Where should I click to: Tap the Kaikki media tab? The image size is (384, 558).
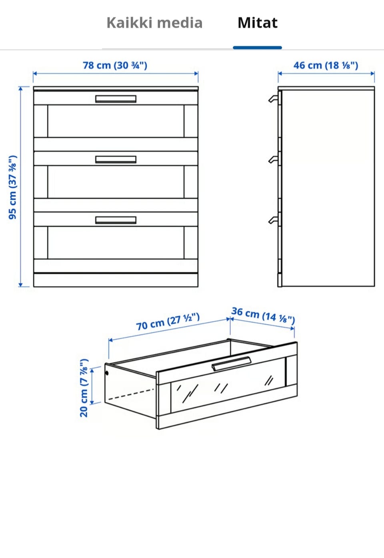pyautogui.click(x=154, y=23)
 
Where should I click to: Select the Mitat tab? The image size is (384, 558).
pyautogui.click(x=258, y=23)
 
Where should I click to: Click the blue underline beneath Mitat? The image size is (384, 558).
pyautogui.click(x=257, y=48)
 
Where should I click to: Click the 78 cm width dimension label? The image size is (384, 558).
pyautogui.click(x=115, y=65)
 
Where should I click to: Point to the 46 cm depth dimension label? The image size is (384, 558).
pyautogui.click(x=326, y=65)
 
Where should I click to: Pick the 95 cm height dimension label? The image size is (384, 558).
pyautogui.click(x=13, y=187)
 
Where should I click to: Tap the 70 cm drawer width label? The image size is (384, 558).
pyautogui.click(x=168, y=322)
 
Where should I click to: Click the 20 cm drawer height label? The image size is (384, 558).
pyautogui.click(x=84, y=388)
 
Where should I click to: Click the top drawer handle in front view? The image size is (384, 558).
pyautogui.click(x=116, y=99)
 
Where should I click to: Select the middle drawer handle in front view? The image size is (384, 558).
pyautogui.click(x=116, y=159)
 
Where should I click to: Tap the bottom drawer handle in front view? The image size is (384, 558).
pyautogui.click(x=116, y=220)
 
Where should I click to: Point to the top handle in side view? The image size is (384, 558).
pyautogui.click(x=273, y=99)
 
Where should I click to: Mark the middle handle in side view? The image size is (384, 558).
pyautogui.click(x=273, y=159)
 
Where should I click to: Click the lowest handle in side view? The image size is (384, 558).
pyautogui.click(x=273, y=220)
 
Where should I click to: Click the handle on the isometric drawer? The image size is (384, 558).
pyautogui.click(x=232, y=363)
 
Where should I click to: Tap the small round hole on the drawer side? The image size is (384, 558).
pyautogui.click(x=107, y=373)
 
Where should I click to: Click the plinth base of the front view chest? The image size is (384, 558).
pyautogui.click(x=116, y=280)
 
